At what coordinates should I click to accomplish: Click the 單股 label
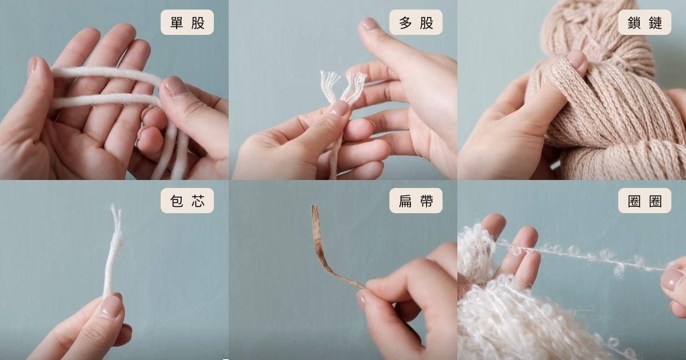[187, 22]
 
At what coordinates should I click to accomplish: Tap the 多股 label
[416, 22]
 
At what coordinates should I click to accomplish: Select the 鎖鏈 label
[645, 22]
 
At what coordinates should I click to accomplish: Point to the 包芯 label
[187, 201]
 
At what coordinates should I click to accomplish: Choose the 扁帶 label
[416, 201]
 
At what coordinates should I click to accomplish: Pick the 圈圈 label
[645, 201]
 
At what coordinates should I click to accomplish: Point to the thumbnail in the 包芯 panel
[111, 306]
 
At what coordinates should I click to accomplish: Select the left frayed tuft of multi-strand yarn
[329, 85]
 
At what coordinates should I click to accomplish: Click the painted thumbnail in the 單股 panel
[175, 86]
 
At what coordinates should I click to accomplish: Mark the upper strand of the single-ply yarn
[107, 74]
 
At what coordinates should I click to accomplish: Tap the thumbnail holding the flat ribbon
[361, 299]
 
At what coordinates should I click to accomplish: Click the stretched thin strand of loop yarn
[582, 257]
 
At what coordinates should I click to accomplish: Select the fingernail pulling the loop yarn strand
[669, 280]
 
